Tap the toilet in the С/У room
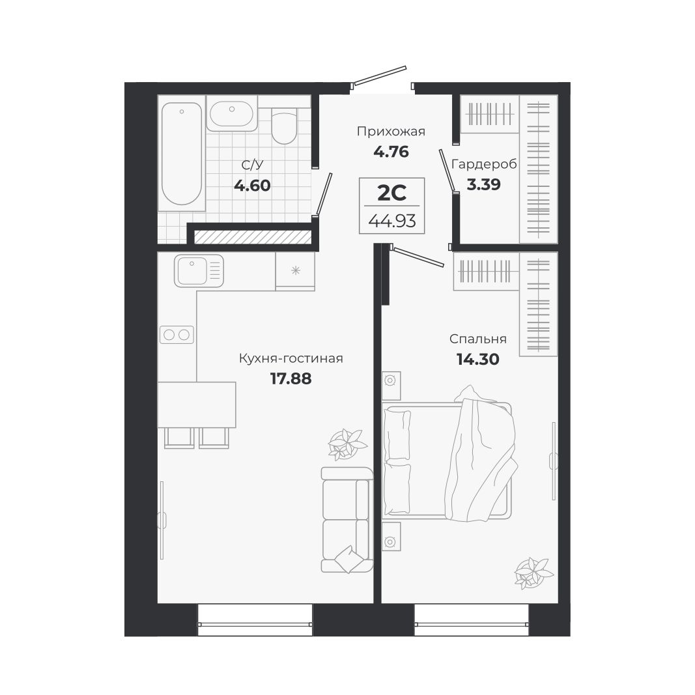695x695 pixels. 283,128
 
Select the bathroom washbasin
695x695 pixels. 231,115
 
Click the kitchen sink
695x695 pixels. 198,270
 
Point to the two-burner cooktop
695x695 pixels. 177,335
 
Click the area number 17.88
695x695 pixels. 291,378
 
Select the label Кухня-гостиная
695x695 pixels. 291,358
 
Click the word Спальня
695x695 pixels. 477,339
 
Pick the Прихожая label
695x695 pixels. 391,132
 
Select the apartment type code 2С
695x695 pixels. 392,192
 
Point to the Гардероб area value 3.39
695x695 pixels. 483,184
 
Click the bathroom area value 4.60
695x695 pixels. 251,185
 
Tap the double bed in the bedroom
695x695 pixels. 448,461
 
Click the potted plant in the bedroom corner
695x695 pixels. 532,572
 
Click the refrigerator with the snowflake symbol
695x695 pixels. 295,270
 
